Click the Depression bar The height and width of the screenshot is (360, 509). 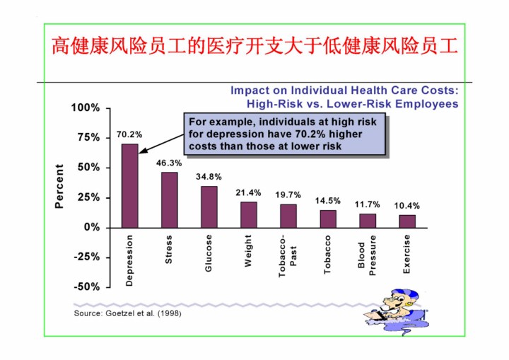pos(130,185)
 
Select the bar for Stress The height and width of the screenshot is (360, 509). pos(170,199)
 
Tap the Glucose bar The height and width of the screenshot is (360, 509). pos(209,207)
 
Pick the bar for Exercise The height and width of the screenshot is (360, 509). pos(407,221)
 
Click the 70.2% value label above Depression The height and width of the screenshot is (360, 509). pos(129,134)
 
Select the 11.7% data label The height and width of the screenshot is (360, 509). pos(368,204)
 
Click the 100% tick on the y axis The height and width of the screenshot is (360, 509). pos(86,108)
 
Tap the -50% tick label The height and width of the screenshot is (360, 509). pos(86,287)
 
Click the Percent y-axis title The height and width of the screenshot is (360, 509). pos(59,187)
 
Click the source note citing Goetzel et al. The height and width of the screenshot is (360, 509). pos(128,313)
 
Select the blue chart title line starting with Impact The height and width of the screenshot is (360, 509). pos(344,91)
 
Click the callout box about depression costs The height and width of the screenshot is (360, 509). pos(286,134)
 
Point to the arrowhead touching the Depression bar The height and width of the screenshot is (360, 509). pos(141,150)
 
